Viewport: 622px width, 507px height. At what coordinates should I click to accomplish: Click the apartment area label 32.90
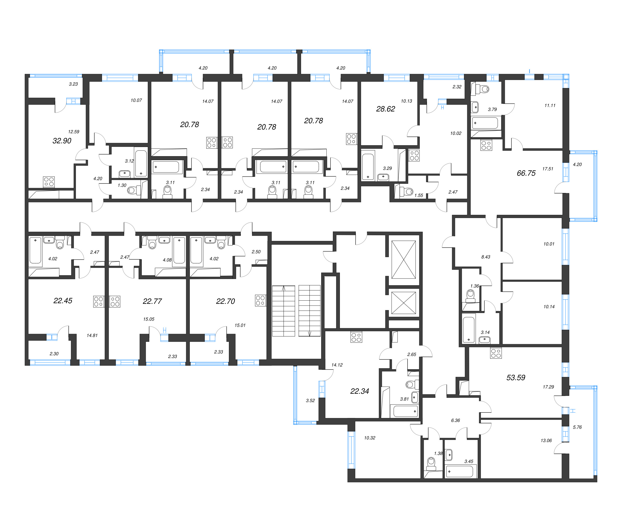pyautogui.click(x=62, y=141)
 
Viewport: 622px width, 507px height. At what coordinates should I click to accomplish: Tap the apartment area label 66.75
pyautogui.click(x=526, y=173)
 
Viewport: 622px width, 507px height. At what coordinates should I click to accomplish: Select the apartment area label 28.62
pyautogui.click(x=385, y=109)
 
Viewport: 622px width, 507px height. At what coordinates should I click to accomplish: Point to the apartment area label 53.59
pyautogui.click(x=516, y=378)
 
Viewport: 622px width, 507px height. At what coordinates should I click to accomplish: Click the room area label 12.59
pyautogui.click(x=74, y=132)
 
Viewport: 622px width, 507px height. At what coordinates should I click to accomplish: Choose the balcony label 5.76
pyautogui.click(x=577, y=427)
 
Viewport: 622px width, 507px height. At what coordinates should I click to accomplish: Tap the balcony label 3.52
pyautogui.click(x=310, y=400)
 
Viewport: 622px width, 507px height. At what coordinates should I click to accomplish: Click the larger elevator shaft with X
pyautogui.click(x=404, y=260)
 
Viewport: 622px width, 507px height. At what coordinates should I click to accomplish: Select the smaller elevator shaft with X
pyautogui.click(x=404, y=303)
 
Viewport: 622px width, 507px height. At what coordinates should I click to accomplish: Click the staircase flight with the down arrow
pyautogui.click(x=310, y=311)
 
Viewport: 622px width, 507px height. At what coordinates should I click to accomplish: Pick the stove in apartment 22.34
pyautogui.click(x=356, y=337)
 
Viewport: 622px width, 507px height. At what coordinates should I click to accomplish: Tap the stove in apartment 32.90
pyautogui.click(x=49, y=182)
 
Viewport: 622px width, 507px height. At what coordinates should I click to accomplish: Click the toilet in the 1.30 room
pyautogui.click(x=132, y=190)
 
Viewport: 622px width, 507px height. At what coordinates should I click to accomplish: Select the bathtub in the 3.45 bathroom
pyautogui.click(x=460, y=471)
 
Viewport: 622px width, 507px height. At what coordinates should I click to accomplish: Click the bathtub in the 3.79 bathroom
pyautogui.click(x=485, y=123)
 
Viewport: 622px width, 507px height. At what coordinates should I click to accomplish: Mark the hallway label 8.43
pyautogui.click(x=486, y=257)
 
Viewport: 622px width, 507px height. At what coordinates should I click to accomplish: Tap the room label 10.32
pyautogui.click(x=369, y=438)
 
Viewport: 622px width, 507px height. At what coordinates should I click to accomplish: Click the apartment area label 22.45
pyautogui.click(x=62, y=301)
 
